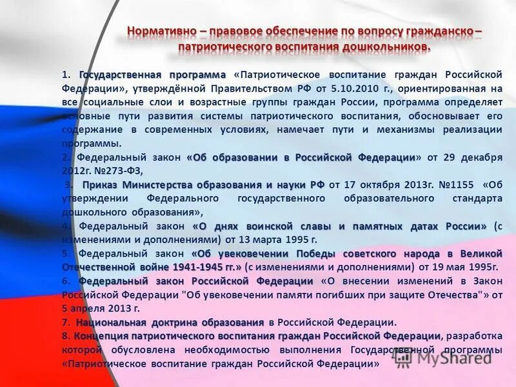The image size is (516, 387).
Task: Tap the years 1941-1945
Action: pos(196,266)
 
